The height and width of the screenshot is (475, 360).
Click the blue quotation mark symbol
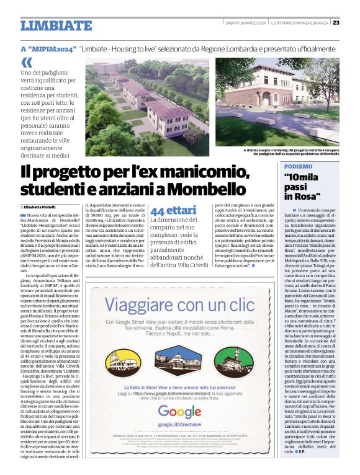(x=26, y=62)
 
